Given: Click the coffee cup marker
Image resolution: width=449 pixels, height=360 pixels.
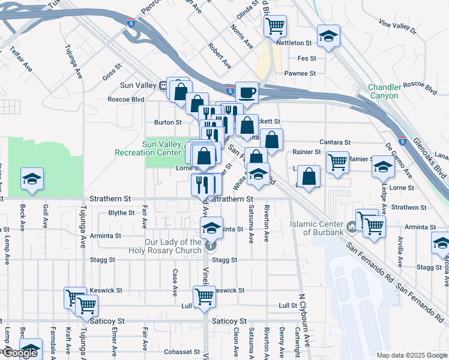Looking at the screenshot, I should (247, 93).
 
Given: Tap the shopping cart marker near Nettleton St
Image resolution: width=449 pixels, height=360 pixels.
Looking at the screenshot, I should (275, 26).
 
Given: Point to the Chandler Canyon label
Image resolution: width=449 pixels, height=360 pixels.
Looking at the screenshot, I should (384, 91).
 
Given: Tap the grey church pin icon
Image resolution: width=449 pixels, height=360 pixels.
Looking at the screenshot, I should (209, 245).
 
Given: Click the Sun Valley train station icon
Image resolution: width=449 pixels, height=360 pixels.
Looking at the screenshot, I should (163, 85).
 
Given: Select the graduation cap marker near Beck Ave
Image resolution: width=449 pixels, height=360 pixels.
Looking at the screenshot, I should (32, 179).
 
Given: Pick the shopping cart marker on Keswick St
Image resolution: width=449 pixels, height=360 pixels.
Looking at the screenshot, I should (204, 296).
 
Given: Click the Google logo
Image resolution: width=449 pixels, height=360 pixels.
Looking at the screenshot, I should (20, 353).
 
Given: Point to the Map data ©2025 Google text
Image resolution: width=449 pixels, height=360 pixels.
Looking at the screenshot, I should (412, 355).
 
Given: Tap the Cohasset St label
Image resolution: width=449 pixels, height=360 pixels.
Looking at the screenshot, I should (182, 352).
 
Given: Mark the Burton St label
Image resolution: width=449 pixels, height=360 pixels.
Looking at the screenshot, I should (167, 122).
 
